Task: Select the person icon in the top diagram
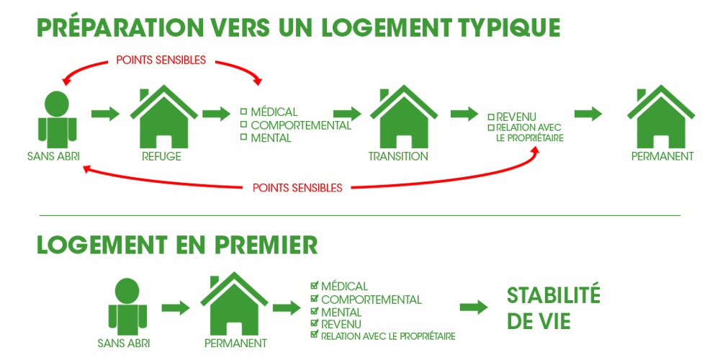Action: click(x=57, y=119)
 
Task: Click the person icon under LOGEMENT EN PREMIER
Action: click(x=127, y=307)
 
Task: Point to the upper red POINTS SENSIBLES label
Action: click(x=161, y=60)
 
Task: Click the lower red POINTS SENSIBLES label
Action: click(x=297, y=188)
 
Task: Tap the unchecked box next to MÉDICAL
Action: click(x=244, y=111)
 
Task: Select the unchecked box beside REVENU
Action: click(x=491, y=117)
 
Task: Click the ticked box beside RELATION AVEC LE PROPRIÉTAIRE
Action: click(x=315, y=334)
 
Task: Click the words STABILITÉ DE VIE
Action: click(x=553, y=309)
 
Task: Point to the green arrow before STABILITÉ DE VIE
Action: click(x=474, y=307)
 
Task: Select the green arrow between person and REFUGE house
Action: click(x=105, y=114)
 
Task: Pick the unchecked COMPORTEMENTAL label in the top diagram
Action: click(x=301, y=125)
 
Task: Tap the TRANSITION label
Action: click(x=398, y=156)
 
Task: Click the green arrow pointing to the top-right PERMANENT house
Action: click(x=588, y=114)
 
